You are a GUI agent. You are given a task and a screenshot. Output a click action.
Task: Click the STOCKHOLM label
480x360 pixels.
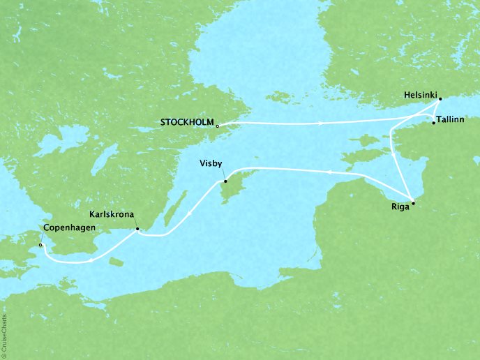(x=186, y=122)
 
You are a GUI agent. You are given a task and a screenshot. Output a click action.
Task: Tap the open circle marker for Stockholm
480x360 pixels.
(x=218, y=126)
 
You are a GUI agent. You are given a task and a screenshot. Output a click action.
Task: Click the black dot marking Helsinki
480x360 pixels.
(x=440, y=100)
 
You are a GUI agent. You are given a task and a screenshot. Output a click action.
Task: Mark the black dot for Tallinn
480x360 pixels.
(x=433, y=123)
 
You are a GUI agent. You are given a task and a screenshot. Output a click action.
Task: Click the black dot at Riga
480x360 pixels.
(x=413, y=203)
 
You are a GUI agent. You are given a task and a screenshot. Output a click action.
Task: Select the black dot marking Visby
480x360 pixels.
(x=225, y=182)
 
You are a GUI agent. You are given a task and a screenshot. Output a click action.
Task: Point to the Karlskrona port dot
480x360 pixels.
(x=137, y=229)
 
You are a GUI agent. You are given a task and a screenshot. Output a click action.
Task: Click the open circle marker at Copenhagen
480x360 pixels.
(x=40, y=246)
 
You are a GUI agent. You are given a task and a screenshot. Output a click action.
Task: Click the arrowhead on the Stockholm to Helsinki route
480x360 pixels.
(x=320, y=123)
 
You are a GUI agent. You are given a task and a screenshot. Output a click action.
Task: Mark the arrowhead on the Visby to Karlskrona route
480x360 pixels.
(x=186, y=216)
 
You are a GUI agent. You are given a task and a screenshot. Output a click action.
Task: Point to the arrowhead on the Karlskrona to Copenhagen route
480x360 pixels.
(x=91, y=261)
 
